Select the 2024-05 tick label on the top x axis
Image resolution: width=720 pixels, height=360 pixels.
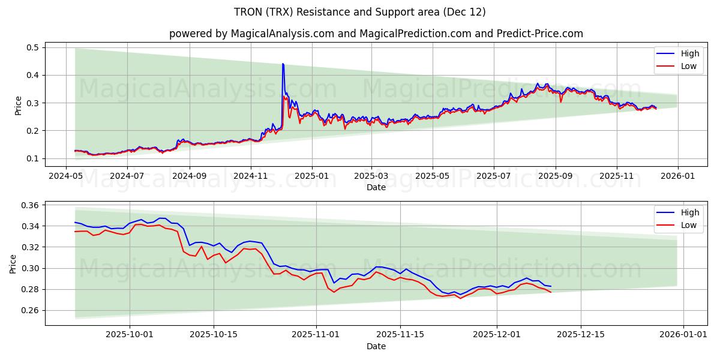[67, 176]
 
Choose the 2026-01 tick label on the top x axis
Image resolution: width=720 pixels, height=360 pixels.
[677, 176]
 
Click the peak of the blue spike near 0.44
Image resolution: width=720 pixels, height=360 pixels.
[283, 64]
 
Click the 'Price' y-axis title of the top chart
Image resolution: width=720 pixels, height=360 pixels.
[18, 105]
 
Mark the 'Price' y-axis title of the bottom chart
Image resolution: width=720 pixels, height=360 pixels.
[13, 263]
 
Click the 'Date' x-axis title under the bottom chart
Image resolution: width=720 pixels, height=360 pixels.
[376, 346]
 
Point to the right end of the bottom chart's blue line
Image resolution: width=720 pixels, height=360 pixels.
[551, 286]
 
